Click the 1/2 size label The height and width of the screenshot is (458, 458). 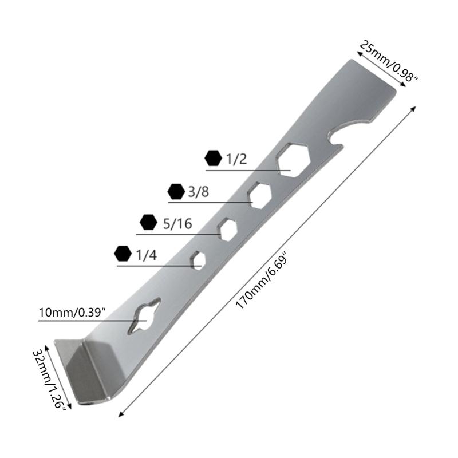[236, 159]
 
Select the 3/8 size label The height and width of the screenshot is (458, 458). [199, 192]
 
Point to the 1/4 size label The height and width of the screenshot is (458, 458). [146, 255]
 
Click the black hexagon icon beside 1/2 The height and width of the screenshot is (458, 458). [213, 159]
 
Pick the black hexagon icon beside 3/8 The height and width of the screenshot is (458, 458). [175, 191]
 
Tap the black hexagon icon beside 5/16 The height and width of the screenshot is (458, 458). [148, 222]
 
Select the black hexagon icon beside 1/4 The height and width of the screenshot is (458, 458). [122, 253]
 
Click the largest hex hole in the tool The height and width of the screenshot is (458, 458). [293, 157]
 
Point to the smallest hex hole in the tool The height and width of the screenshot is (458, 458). [199, 260]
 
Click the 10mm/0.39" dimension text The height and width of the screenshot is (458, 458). [73, 313]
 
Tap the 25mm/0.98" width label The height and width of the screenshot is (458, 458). [388, 62]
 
